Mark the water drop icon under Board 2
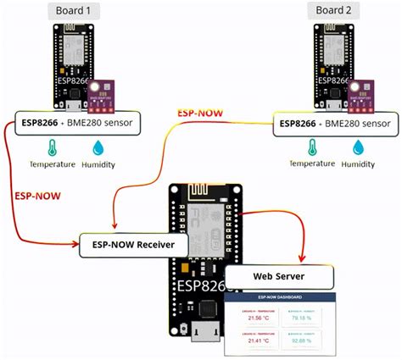click(359, 147)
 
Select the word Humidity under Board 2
click(359, 165)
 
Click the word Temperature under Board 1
click(53, 165)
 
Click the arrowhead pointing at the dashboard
click(304, 257)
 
